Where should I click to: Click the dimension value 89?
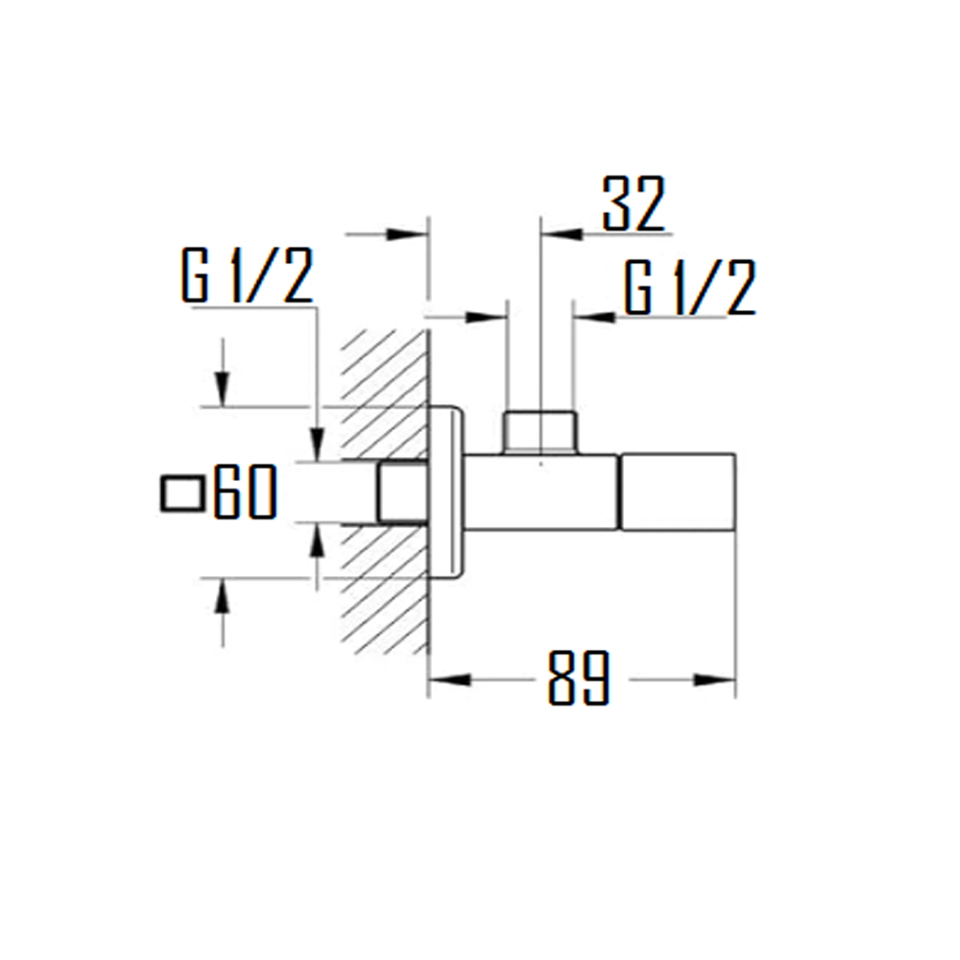coord(579,679)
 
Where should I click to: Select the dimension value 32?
coord(634,204)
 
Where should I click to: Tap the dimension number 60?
coord(246,492)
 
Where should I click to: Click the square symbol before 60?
coord(181,493)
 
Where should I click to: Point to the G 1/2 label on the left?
coord(248,276)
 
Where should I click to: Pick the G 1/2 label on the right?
coord(690,287)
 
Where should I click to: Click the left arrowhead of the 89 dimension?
coord(449,680)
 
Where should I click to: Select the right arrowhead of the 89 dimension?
coord(715,680)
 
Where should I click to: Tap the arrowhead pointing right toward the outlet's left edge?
coord(485,315)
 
